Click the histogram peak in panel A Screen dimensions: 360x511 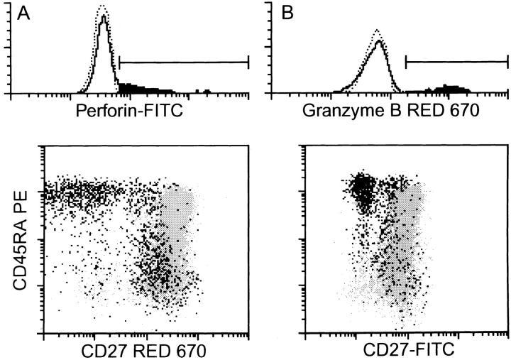click(x=104, y=16)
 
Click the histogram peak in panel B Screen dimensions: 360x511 click(x=380, y=40)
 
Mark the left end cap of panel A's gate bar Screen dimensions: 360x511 click(x=119, y=62)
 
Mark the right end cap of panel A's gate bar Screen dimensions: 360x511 click(x=248, y=62)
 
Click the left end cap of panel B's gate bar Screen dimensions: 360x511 click(x=405, y=62)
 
